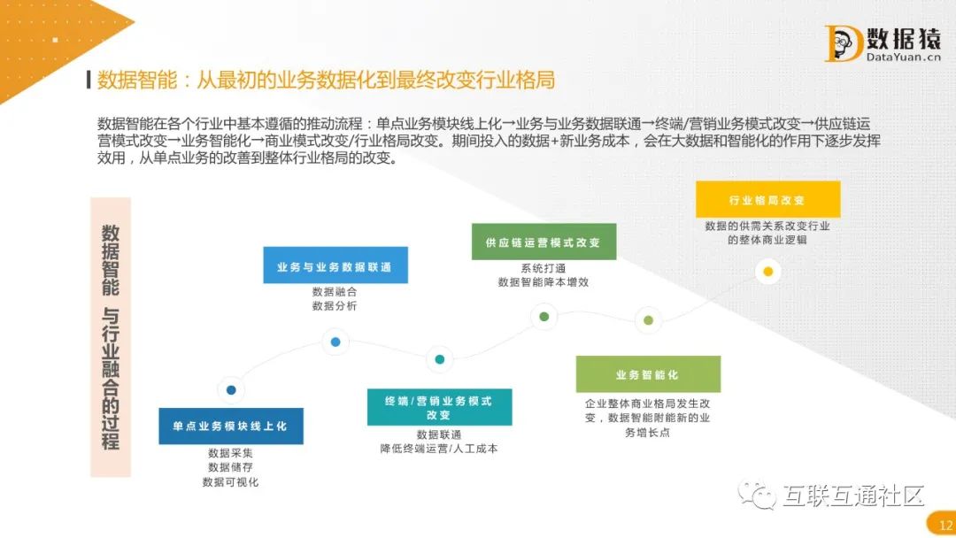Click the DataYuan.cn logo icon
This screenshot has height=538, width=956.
click(843, 43)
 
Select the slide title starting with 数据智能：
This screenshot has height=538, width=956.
click(326, 80)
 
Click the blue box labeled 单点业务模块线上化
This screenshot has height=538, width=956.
click(230, 426)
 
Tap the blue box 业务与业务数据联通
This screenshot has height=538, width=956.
click(335, 265)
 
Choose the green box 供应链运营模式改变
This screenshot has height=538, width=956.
click(544, 242)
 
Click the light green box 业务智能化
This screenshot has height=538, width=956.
click(648, 374)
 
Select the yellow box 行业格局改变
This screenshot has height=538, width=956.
click(767, 200)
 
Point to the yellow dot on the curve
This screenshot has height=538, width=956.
click(768, 272)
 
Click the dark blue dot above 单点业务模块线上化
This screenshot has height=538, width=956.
click(231, 389)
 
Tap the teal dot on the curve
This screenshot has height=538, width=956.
click(439, 359)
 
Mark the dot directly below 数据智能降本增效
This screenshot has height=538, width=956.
click(544, 316)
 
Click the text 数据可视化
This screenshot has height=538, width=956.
click(230, 482)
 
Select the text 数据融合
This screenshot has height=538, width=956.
click(335, 291)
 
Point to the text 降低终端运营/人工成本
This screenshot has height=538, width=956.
click(439, 449)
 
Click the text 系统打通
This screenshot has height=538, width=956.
click(544, 267)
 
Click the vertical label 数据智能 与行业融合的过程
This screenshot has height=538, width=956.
click(111, 337)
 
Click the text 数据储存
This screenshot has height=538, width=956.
click(230, 467)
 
